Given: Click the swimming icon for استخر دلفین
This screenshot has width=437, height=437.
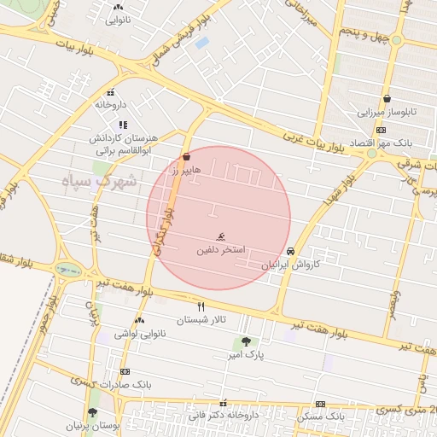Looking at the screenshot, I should click(221, 236).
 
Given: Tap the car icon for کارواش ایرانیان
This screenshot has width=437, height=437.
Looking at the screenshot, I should click(293, 252).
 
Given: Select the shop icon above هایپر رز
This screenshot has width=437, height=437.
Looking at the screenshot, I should click(187, 156).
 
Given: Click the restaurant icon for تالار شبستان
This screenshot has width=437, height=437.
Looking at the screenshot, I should click(201, 306).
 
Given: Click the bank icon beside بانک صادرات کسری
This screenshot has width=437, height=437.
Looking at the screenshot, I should click(125, 371).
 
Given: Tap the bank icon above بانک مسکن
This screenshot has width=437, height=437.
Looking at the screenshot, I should click(320, 404).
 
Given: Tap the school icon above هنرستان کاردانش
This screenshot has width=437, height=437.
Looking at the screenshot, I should click(122, 124).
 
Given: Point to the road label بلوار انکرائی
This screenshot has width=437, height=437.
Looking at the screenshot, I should click(159, 230).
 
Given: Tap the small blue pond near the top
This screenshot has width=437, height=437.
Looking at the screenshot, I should click(201, 41).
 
